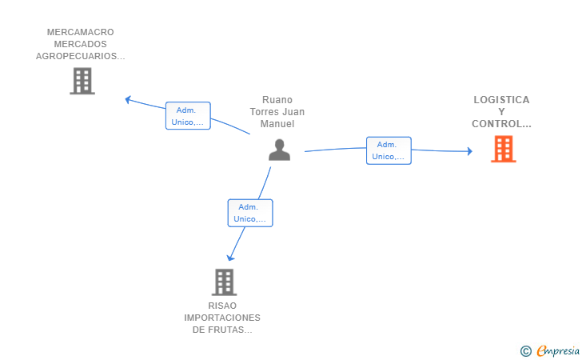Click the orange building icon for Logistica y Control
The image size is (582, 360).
(x=503, y=149)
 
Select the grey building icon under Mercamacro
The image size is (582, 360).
(x=82, y=81)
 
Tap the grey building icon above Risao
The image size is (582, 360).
(x=225, y=282)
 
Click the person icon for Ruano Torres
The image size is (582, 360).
(x=279, y=150)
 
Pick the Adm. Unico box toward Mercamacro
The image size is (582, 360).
(x=188, y=116)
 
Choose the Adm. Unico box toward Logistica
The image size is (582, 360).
(x=389, y=150)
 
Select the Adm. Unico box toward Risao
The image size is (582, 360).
(x=250, y=213)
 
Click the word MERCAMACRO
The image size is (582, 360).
(x=81, y=33)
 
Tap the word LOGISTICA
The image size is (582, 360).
(x=501, y=100)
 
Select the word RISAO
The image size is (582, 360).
(x=222, y=306)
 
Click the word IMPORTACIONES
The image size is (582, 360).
(x=222, y=318)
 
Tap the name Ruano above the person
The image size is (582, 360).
(x=277, y=100)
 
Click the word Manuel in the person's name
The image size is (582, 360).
(x=277, y=124)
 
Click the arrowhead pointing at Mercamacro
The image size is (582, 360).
(x=128, y=99)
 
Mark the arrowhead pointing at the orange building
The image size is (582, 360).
(x=469, y=150)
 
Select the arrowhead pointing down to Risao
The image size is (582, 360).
(x=230, y=258)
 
